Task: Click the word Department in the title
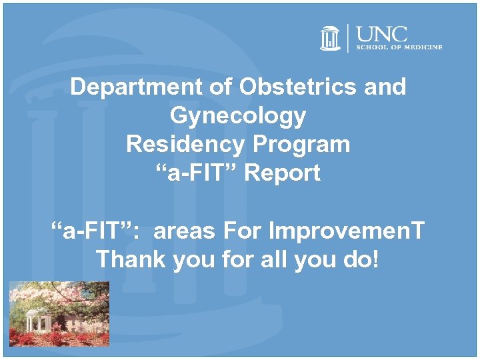coord(127,87)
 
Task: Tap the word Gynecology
coord(238,116)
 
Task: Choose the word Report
coord(282,173)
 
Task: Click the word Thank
coord(132,259)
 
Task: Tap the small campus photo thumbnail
coord(56,313)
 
